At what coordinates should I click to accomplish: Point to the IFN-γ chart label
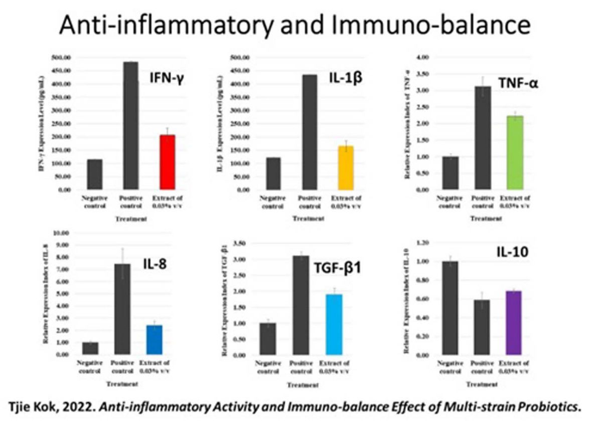click(x=164, y=77)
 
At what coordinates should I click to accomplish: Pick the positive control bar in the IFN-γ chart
click(x=131, y=126)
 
